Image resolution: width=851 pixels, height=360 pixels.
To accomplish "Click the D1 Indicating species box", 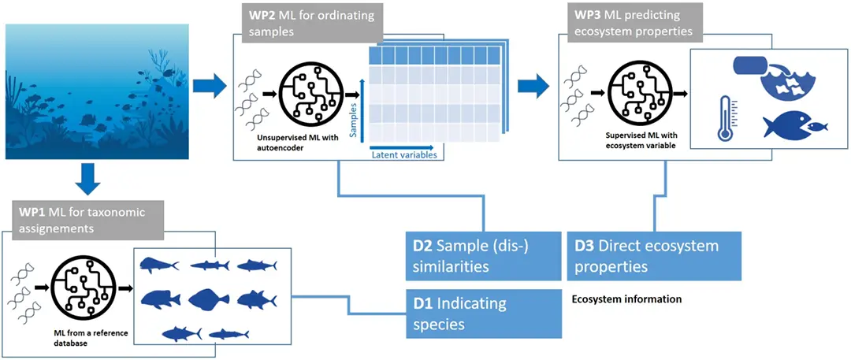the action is (484, 314).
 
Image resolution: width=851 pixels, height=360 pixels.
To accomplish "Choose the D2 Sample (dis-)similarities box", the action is (484, 256).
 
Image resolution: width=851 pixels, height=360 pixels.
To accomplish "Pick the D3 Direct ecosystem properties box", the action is (655, 256).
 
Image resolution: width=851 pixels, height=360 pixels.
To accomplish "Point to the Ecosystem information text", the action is (627, 299).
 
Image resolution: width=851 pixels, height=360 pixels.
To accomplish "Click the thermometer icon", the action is (726, 119).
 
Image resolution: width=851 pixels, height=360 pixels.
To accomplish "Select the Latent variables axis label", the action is (403, 155).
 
